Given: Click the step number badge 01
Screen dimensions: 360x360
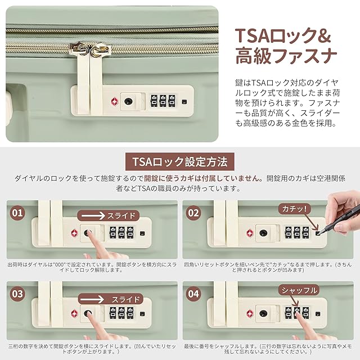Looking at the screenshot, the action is pyautogui.click(x=17, y=213).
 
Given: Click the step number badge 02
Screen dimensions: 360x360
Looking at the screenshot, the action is pyautogui.click(x=193, y=213).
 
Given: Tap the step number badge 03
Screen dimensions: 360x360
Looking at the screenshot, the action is pyautogui.click(x=17, y=294).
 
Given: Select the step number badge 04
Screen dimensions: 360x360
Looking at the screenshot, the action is pyautogui.click(x=193, y=294).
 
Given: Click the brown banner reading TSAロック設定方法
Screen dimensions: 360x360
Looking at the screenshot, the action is pyautogui.click(x=180, y=161).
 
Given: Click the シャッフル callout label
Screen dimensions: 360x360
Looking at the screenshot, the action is pyautogui.click(x=299, y=290).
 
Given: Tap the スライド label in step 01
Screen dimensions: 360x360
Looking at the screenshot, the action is pyautogui.click(x=121, y=216).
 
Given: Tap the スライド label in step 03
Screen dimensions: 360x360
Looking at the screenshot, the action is pyautogui.click(x=125, y=299).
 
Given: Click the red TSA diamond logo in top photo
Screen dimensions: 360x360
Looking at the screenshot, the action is pyautogui.click(x=114, y=102).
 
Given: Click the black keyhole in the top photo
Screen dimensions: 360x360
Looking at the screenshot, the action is pyautogui.click(x=128, y=101).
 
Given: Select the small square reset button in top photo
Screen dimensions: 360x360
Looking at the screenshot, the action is pyautogui.click(x=184, y=102).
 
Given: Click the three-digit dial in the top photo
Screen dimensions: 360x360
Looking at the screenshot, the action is pyautogui.click(x=163, y=101).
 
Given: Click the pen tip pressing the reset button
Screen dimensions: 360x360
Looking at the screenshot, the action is pyautogui.click(x=318, y=233).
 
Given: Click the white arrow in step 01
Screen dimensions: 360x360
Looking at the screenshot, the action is pyautogui.click(x=93, y=216).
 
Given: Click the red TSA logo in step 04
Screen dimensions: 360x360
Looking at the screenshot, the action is pyautogui.click(x=250, y=314).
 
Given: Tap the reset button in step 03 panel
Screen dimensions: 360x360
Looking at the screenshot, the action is pyautogui.click(x=142, y=314).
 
